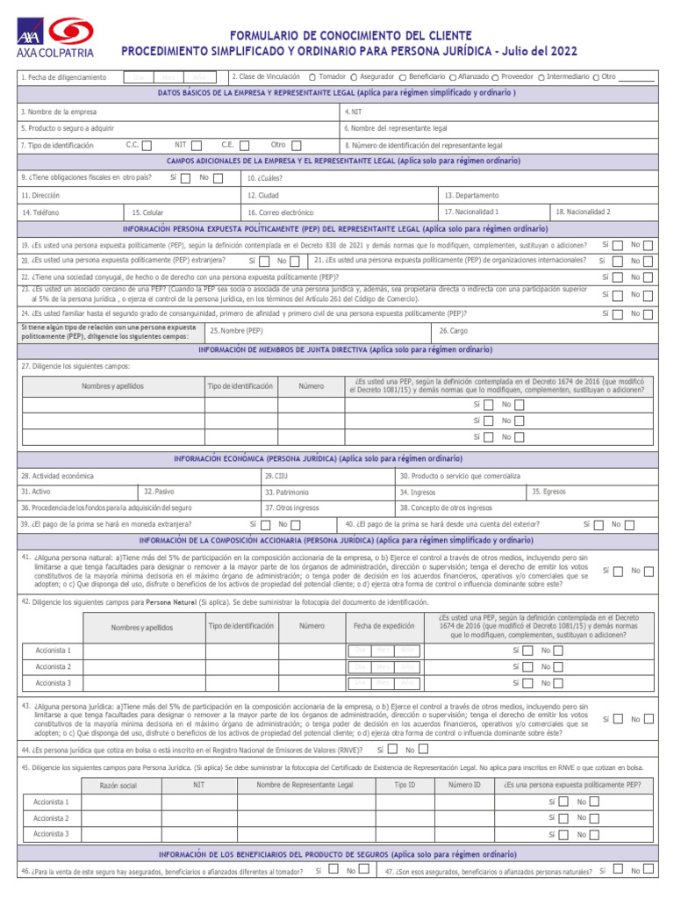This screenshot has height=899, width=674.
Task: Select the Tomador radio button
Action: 312,76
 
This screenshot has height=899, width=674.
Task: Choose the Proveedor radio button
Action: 497,77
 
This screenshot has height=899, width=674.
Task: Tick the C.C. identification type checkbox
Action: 147,146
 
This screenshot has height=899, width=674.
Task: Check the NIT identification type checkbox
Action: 197,146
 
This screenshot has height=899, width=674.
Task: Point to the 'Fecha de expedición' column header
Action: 384,626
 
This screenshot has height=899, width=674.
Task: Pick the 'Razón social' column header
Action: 118,785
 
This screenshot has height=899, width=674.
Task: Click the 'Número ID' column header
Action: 464,784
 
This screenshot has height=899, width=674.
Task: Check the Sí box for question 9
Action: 185,178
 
